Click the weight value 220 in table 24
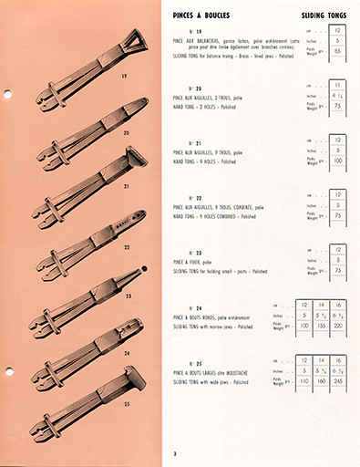click(x=338, y=324)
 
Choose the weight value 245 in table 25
click(x=338, y=380)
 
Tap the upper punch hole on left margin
click(x=7, y=94)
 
